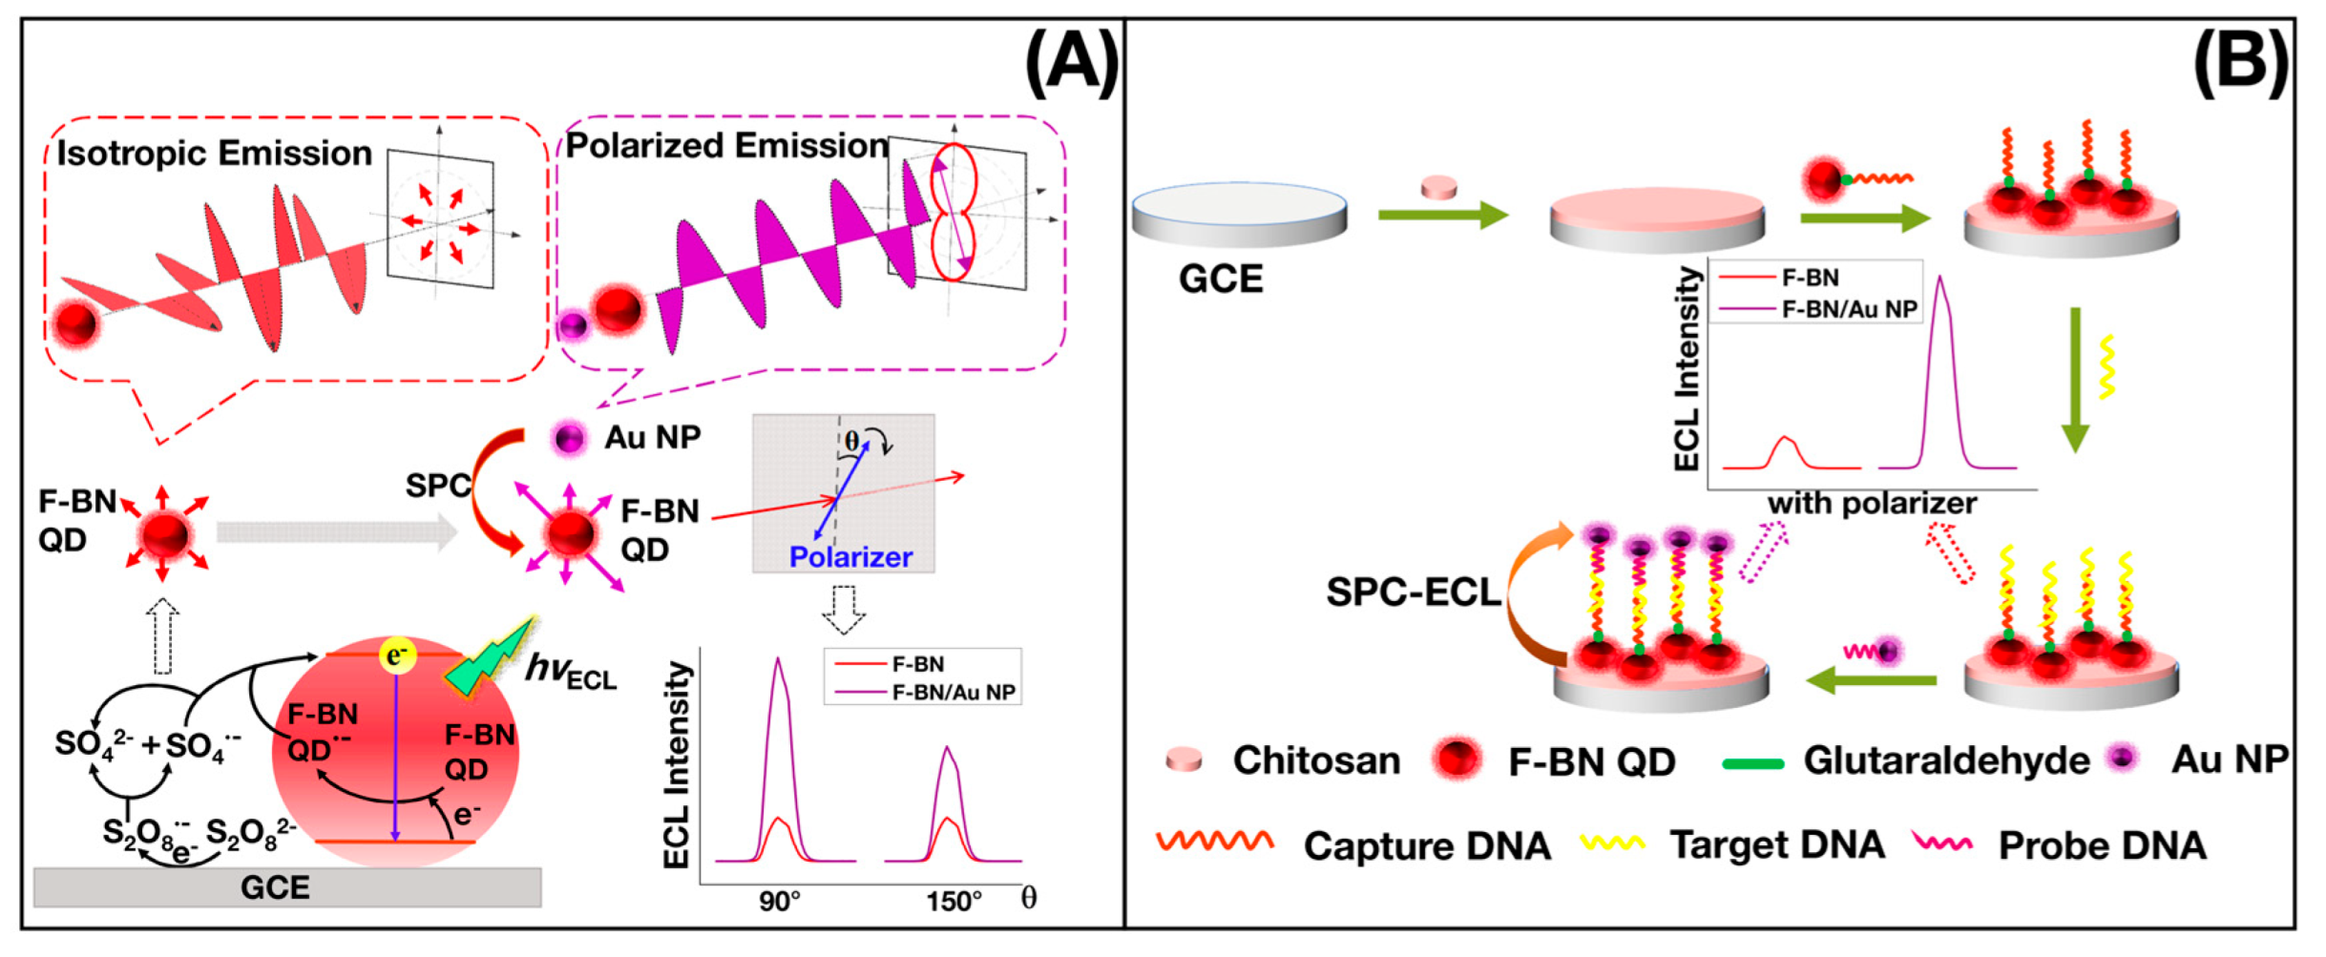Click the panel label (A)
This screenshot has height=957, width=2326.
tap(1070, 63)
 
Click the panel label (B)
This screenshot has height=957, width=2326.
tap(2240, 63)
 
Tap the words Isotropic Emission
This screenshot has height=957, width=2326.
tap(214, 154)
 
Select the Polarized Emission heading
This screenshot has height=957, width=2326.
tap(726, 146)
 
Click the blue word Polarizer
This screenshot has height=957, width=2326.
tap(850, 556)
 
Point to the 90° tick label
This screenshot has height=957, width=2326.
tap(779, 901)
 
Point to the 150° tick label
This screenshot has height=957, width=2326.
tap(953, 901)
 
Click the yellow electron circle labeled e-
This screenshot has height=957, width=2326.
tap(396, 655)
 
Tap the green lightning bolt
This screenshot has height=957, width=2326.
tap(490, 659)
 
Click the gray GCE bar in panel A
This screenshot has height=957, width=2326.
tap(286, 887)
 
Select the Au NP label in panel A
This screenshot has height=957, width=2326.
tap(653, 438)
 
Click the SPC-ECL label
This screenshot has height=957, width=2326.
tap(1413, 593)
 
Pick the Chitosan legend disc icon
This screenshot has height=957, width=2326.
tap(1184, 759)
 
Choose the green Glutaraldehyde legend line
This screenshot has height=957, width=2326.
tap(1752, 763)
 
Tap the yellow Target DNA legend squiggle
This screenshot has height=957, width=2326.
tap(1612, 843)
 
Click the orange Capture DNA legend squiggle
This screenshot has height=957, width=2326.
tap(1214, 842)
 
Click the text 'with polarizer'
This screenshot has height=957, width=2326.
tap(1872, 504)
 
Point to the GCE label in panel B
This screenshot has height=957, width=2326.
tap(1221, 279)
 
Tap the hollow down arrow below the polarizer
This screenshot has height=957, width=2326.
tap(844, 609)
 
